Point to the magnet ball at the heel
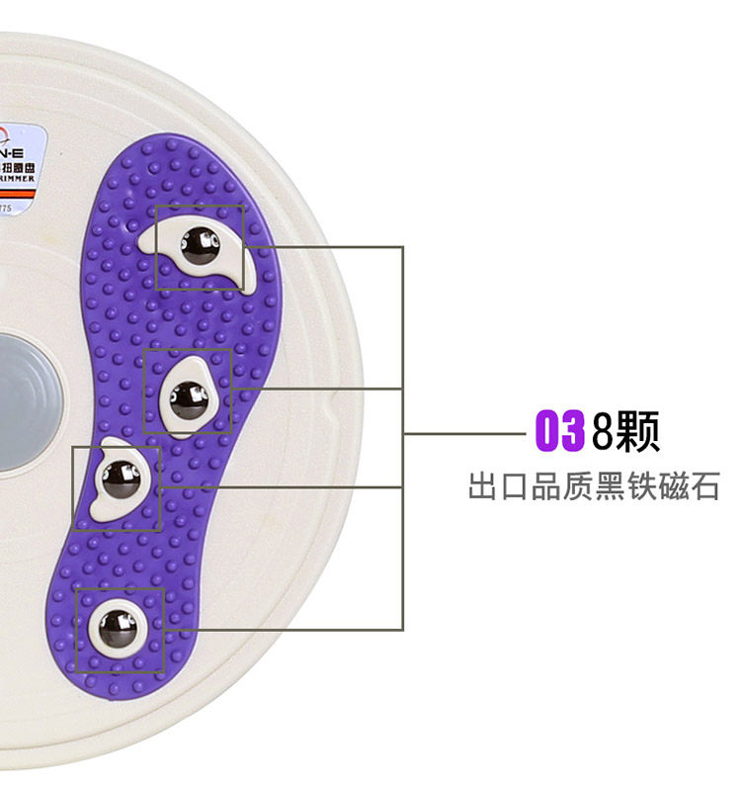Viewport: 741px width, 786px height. (x=119, y=627)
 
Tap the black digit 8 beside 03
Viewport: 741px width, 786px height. (x=603, y=433)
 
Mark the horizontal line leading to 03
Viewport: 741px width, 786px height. (x=464, y=433)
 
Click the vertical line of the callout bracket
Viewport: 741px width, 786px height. (x=403, y=435)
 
